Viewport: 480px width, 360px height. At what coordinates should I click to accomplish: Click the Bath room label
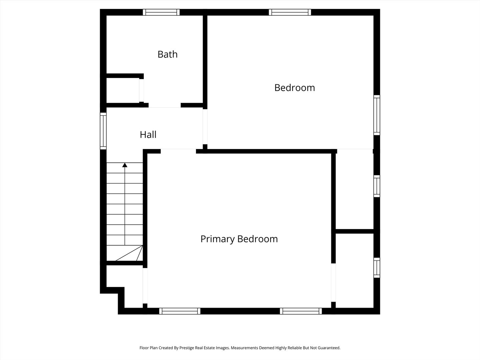pyautogui.click(x=168, y=54)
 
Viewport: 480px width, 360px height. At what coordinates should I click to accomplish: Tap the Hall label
pyautogui.click(x=148, y=135)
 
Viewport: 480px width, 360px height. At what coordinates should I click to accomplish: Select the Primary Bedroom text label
pyautogui.click(x=239, y=239)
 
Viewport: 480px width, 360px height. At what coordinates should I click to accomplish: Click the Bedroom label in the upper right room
pyautogui.click(x=295, y=88)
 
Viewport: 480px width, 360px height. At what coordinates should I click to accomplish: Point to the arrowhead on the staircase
pyautogui.click(x=125, y=165)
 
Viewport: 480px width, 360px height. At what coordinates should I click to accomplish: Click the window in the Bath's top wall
pyautogui.click(x=161, y=12)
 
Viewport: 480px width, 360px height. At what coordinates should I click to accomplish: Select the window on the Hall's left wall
pyautogui.click(x=103, y=131)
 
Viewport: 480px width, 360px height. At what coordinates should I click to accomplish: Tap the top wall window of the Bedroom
pyautogui.click(x=290, y=12)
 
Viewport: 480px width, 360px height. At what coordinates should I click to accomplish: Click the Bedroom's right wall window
pyautogui.click(x=377, y=115)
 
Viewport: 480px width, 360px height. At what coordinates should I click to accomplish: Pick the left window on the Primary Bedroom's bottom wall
pyautogui.click(x=180, y=311)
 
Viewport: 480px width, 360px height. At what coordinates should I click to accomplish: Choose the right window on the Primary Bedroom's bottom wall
pyautogui.click(x=301, y=311)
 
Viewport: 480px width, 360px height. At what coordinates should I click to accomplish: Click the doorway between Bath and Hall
pyautogui.click(x=165, y=105)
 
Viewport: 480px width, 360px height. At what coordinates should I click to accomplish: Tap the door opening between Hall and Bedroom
pyautogui.click(x=205, y=127)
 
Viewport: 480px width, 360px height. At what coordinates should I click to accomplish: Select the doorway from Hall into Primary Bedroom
pyautogui.click(x=178, y=151)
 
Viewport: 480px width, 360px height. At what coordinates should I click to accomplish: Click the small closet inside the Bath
pyautogui.click(x=123, y=90)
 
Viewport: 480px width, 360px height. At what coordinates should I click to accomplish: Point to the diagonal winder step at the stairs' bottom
pyautogui.click(x=129, y=253)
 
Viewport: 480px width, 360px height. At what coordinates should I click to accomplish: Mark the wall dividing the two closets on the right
pyautogui.click(x=354, y=231)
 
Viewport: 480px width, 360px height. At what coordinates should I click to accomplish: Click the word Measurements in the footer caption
pyautogui.click(x=244, y=348)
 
